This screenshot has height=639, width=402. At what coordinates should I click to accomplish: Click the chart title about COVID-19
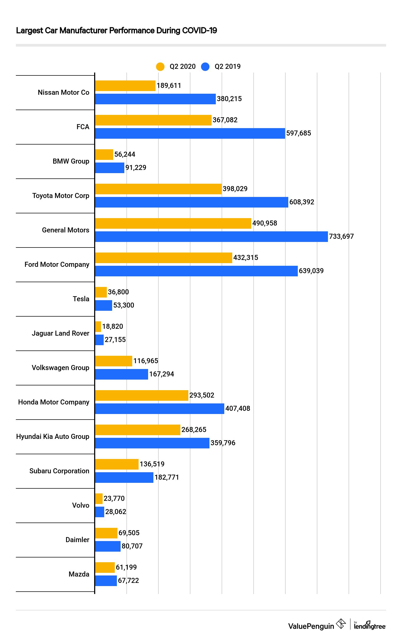(116, 30)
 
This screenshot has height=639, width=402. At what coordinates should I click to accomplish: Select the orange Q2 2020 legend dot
(160, 66)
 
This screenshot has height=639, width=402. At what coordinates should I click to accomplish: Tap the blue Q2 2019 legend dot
(205, 66)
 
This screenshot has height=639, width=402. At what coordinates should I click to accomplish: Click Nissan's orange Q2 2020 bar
(125, 86)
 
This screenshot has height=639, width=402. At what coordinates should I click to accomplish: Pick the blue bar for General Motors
(211, 236)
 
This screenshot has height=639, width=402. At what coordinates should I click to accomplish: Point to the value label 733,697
(341, 236)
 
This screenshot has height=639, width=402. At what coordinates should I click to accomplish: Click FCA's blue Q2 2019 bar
(190, 133)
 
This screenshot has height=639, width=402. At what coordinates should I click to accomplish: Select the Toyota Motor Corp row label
(61, 196)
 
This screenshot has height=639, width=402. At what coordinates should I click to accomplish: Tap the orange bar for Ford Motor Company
(163, 258)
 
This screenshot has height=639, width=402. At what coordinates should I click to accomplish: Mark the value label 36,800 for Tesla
(118, 292)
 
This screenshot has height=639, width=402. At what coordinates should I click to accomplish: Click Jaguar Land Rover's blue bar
(99, 340)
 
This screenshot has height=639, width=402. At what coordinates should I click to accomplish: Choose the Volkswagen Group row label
(61, 367)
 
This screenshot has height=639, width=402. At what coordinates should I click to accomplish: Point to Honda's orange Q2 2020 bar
(141, 395)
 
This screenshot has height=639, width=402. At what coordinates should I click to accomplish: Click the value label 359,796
(223, 443)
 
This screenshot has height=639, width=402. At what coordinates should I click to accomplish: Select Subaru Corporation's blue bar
(124, 477)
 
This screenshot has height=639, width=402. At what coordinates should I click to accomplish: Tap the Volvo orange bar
(99, 499)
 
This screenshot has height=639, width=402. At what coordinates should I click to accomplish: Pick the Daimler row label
(77, 540)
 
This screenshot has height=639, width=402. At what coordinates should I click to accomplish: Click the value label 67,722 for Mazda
(128, 580)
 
